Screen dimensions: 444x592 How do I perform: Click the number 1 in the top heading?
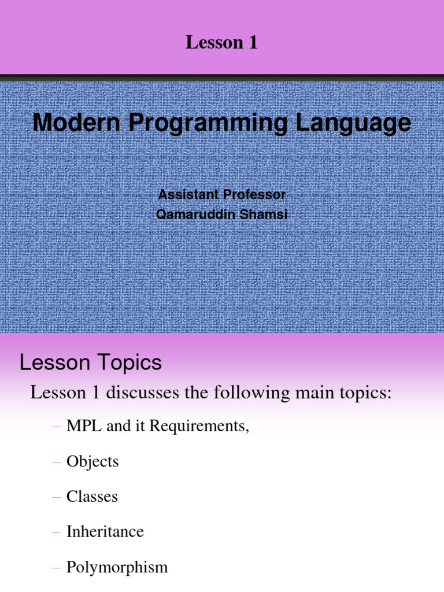point(253,42)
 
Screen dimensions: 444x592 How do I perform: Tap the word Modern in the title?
point(76,123)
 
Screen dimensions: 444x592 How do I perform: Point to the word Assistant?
point(188,194)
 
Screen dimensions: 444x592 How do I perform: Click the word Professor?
point(254,194)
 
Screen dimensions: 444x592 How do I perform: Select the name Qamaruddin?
point(195,214)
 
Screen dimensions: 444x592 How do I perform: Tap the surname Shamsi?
point(264,214)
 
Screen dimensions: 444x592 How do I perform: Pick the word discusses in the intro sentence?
point(142,393)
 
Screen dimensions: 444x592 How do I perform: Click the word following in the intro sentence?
point(252,393)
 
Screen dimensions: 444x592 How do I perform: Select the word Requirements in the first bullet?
point(199,427)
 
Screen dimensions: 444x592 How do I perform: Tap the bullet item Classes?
point(92,497)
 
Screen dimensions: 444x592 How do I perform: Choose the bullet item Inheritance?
point(105,532)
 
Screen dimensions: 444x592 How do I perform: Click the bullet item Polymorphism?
point(117,568)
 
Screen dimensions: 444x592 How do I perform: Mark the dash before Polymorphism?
point(57,568)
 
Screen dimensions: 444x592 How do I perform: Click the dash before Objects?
point(57,462)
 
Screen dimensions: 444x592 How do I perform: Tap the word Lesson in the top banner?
point(214,42)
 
